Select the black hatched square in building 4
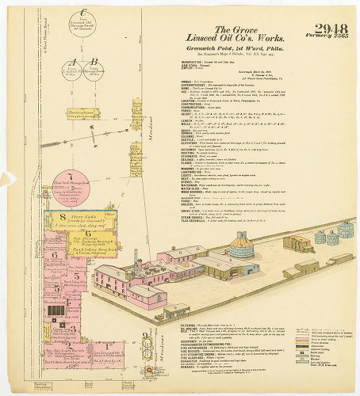click(56, 311)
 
